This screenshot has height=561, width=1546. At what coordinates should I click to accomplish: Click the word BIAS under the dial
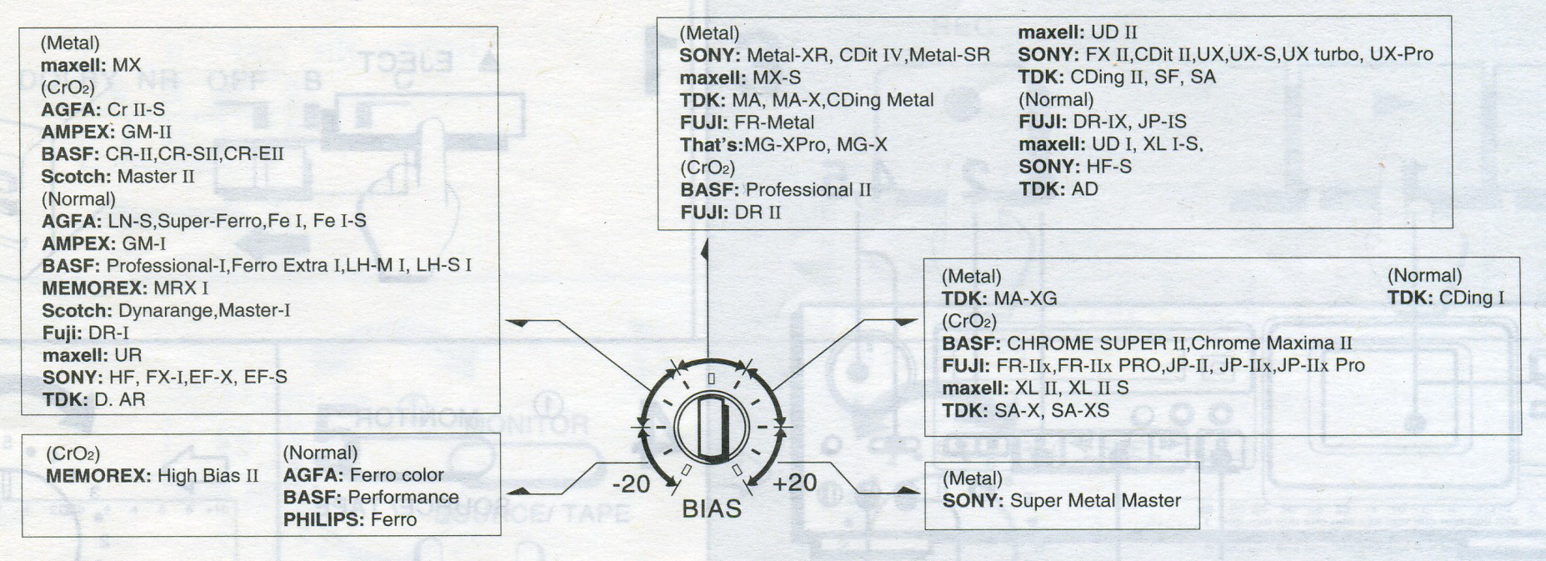coord(711,509)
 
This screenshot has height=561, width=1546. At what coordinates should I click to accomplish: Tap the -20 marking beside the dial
coord(630,483)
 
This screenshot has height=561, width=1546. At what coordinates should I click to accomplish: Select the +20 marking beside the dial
coord(794,482)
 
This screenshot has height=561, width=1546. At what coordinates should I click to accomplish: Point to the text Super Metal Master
coord(1095,501)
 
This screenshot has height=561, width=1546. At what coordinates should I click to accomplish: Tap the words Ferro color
coord(397,475)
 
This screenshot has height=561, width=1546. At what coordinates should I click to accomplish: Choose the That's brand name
coord(711,145)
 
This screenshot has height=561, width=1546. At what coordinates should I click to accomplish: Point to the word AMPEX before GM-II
coord(78,132)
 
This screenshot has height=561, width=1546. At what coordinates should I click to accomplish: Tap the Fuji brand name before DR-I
coord(62,333)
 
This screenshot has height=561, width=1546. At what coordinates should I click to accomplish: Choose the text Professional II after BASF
coord(808,190)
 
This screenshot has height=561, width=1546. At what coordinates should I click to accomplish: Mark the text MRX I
coord(181,288)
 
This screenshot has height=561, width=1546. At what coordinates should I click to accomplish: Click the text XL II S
coord(1098,388)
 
